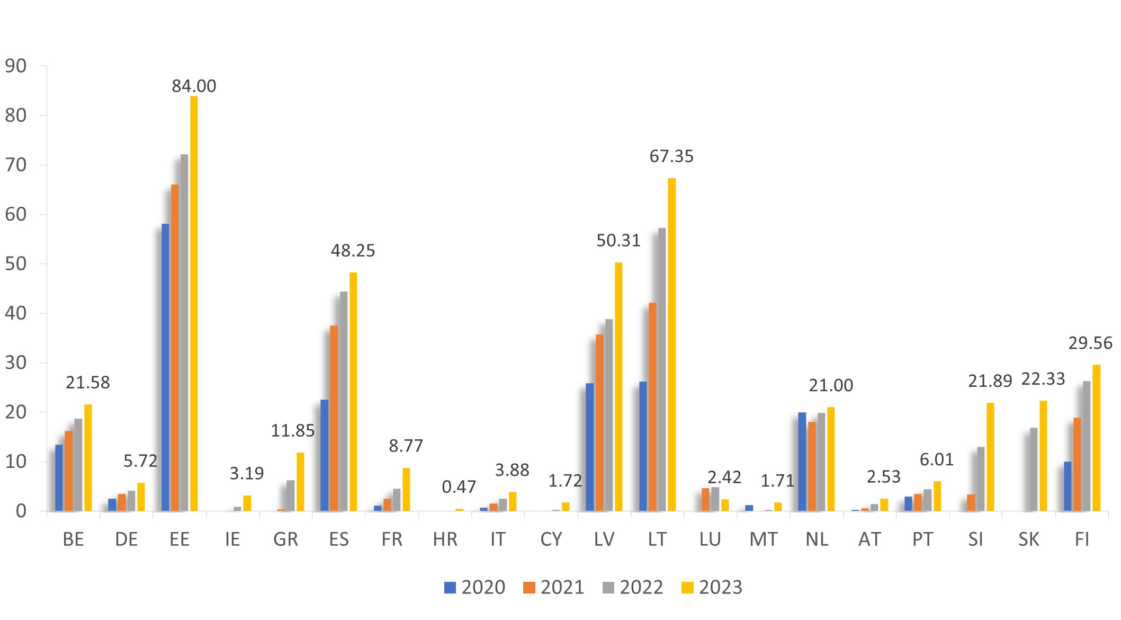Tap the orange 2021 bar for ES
coord(334,418)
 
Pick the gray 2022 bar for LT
coord(662,369)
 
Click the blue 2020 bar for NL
coord(802,462)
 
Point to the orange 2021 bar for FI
coord(1077,464)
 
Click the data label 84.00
coord(194,86)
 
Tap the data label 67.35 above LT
coord(671,156)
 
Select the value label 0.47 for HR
coord(459,486)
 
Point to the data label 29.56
coord(1090,343)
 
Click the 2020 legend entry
coord(474,587)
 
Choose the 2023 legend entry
coord(712,587)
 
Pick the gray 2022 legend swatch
coord(608,587)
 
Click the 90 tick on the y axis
coord(15,66)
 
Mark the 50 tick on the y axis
coord(15,264)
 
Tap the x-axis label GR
coord(285,539)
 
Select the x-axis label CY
coord(551,539)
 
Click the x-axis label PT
coord(922,539)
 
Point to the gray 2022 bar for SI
coord(981,479)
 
